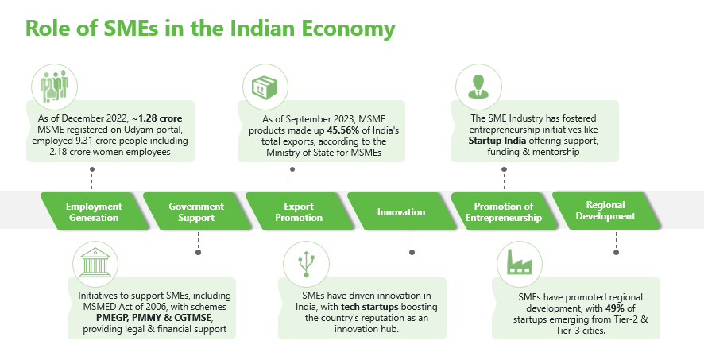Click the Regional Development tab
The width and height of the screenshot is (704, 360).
click(605, 210)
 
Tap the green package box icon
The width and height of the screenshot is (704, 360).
click(263, 84)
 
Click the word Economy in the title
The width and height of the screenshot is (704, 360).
click(350, 29)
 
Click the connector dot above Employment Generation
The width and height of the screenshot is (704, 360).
click(93, 169)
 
